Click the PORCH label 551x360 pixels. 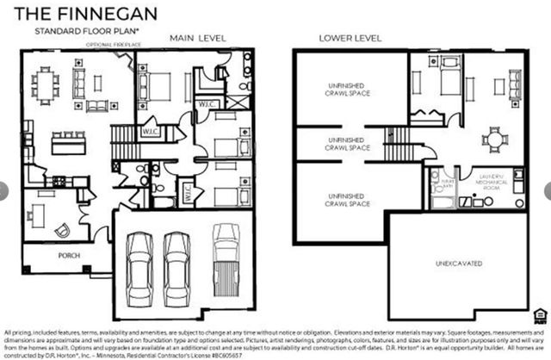69,256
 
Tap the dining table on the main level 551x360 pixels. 46,84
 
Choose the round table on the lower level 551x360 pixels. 494,138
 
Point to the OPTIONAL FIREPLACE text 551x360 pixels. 112,44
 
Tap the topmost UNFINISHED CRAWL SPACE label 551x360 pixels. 337,89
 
